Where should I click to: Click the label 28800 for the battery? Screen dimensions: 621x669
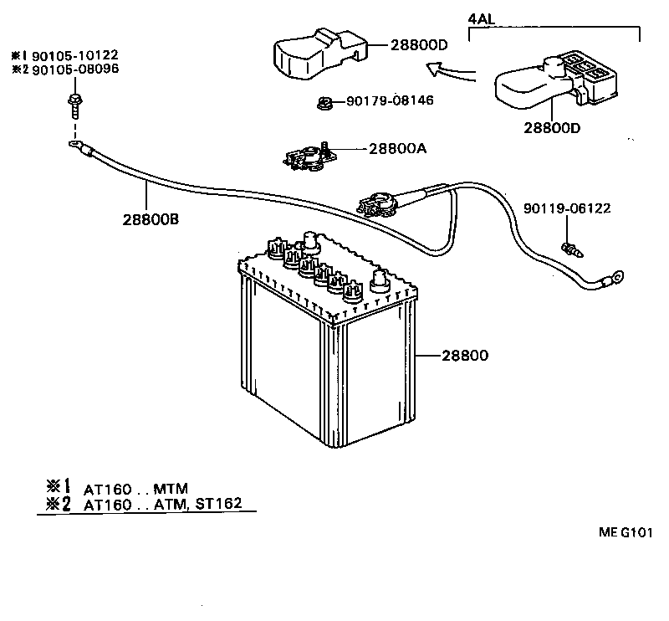click(462, 355)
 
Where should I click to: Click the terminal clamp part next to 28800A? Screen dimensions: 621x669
click(309, 157)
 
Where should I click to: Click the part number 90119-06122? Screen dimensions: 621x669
click(567, 208)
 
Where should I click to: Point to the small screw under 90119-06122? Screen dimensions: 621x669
click(570, 248)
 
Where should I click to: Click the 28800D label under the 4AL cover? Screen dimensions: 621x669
click(553, 128)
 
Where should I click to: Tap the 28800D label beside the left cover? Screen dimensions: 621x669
click(419, 45)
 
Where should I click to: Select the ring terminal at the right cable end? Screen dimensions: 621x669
click(618, 275)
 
